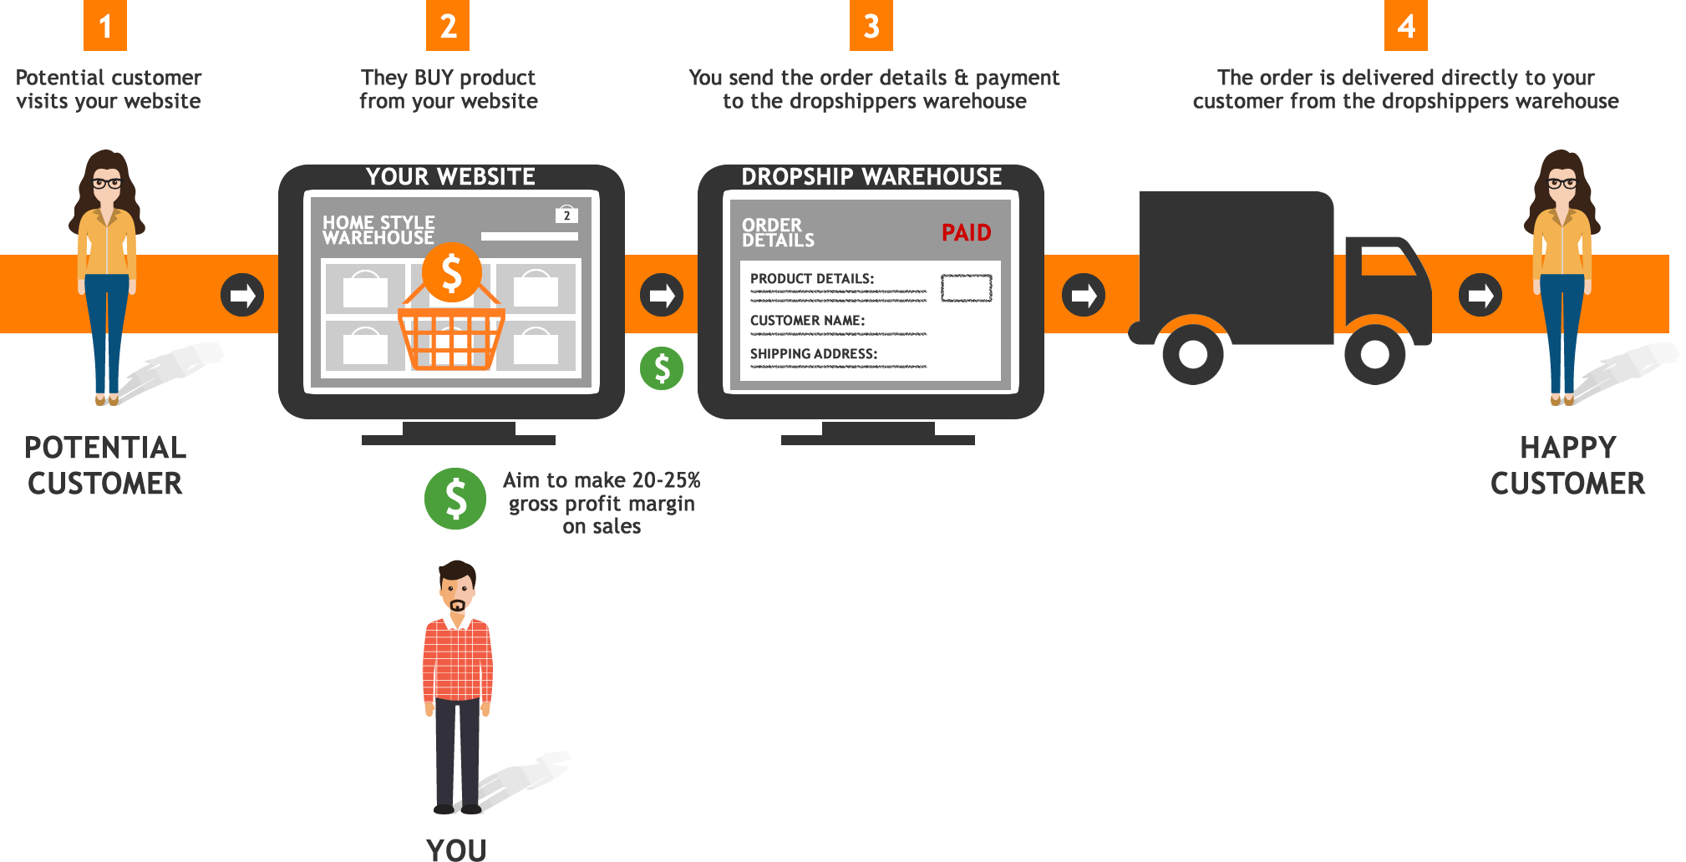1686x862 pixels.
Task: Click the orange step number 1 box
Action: [x=105, y=25]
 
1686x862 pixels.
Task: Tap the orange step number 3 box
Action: [x=871, y=25]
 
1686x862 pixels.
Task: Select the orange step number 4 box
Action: [x=1406, y=25]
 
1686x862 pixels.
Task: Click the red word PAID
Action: [x=967, y=232]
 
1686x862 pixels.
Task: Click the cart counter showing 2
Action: [x=566, y=215]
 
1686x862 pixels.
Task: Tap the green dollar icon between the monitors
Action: [x=662, y=368]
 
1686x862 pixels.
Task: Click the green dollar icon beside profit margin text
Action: [x=455, y=499]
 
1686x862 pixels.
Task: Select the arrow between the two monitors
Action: [x=662, y=295]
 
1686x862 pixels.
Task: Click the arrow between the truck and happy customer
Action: [x=1480, y=295]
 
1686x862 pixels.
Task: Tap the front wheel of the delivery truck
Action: [x=1374, y=354]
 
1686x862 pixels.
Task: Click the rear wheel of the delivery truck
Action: [x=1193, y=354]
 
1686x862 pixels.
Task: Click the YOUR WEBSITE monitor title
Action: [x=451, y=176]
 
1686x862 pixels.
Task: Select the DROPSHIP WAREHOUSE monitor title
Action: [x=871, y=176]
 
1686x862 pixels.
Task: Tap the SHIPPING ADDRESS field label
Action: [x=814, y=353]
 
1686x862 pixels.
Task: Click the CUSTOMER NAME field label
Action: [x=807, y=320]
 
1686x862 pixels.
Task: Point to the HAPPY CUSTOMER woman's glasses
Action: [x=1562, y=183]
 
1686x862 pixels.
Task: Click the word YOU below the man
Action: [x=456, y=850]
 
